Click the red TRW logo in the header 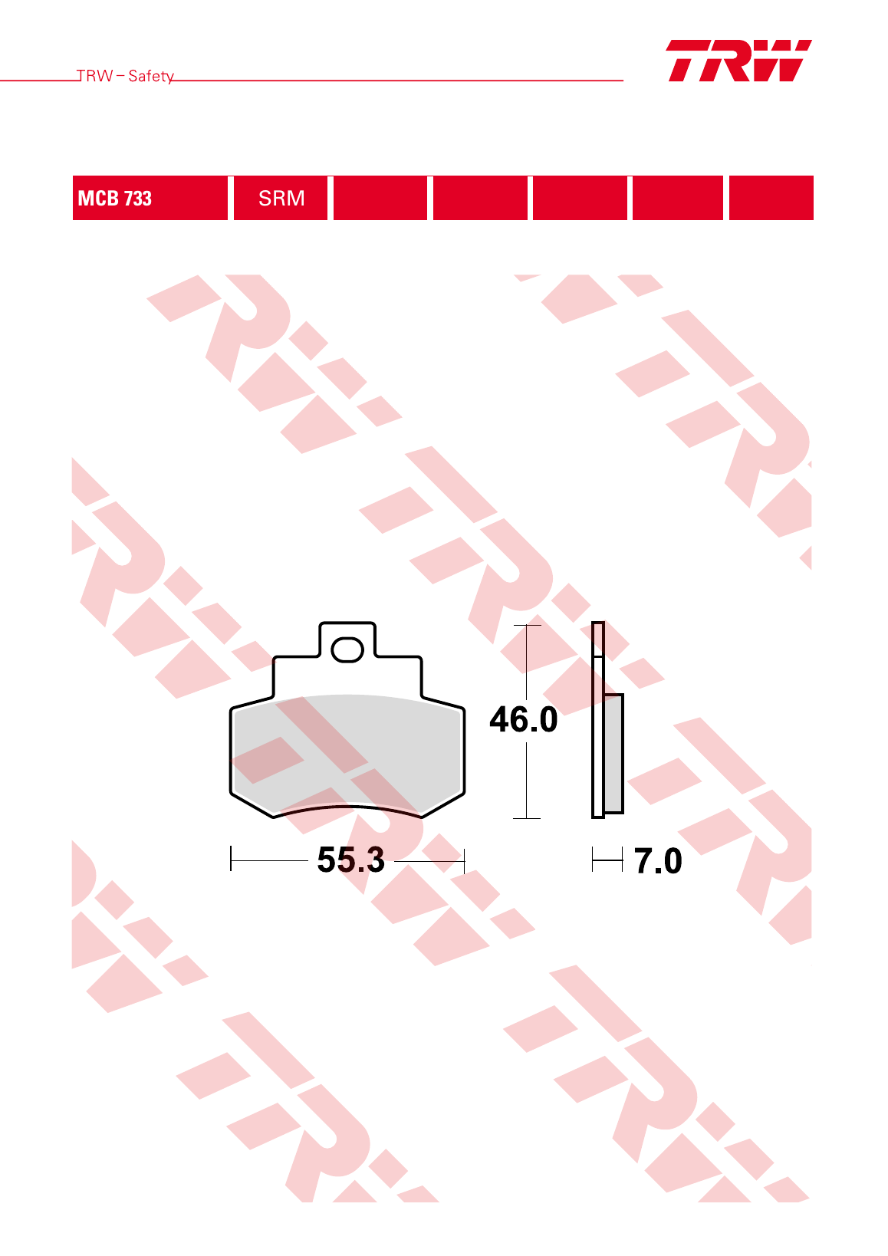point(739,61)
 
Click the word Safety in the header point(151,76)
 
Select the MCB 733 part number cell point(150,198)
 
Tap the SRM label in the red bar point(281,198)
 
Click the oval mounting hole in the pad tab point(347,650)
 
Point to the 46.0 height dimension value point(524,719)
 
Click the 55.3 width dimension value point(351,859)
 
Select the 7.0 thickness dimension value point(658,860)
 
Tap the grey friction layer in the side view point(613,753)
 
